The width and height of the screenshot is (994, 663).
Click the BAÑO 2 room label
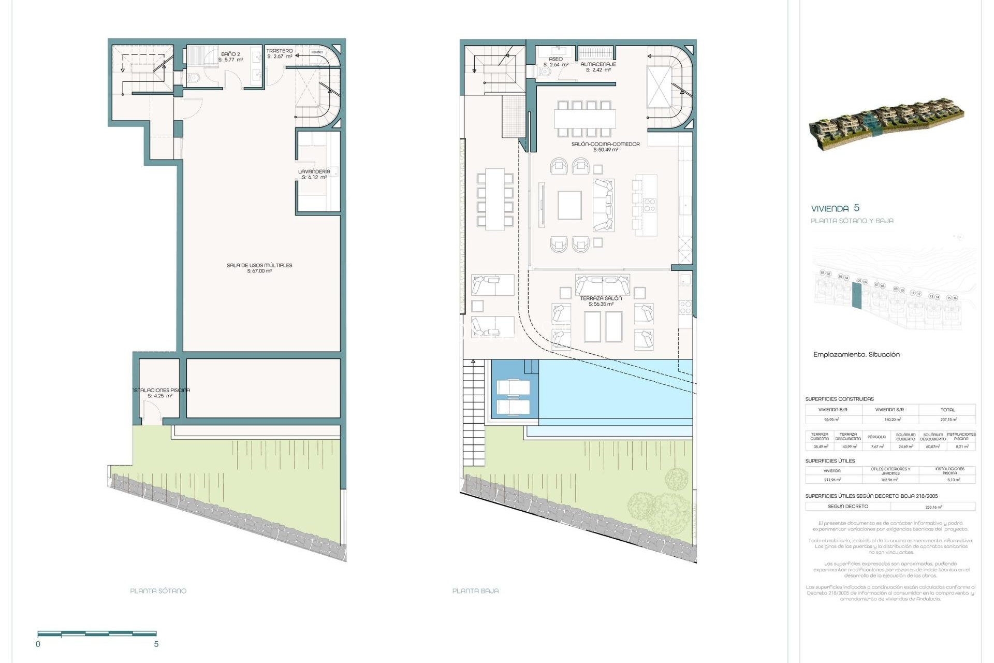230,54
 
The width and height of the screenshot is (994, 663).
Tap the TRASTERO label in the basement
280,51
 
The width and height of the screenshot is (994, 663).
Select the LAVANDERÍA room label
314,171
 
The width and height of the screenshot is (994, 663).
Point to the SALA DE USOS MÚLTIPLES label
259,265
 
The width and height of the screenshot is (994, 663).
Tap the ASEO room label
556,59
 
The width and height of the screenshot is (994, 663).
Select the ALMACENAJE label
598,64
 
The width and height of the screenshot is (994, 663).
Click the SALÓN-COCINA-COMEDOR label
605,144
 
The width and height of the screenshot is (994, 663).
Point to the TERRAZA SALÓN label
601,298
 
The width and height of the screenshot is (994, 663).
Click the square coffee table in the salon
569,206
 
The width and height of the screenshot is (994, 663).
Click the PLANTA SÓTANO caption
158,590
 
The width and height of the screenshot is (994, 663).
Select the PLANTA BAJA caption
475,590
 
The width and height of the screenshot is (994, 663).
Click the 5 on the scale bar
156,644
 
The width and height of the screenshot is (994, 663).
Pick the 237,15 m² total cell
948,420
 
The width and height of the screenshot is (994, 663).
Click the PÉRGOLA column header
876,437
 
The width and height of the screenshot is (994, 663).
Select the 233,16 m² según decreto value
933,507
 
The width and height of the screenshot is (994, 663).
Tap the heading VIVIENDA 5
835,208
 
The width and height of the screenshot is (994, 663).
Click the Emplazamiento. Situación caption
856,355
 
